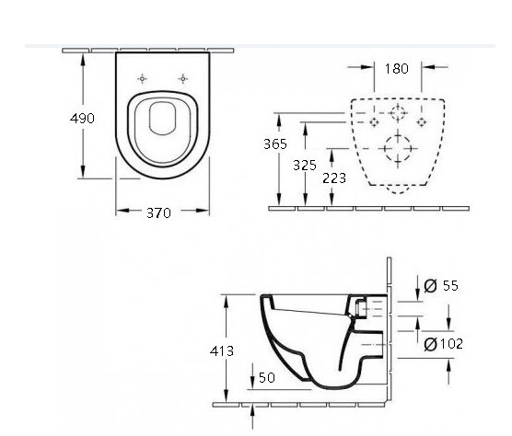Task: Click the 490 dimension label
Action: [x=82, y=119]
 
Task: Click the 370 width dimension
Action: [x=158, y=213]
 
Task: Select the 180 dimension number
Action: [x=396, y=69]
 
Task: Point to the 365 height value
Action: [x=275, y=143]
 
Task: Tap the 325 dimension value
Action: [x=305, y=166]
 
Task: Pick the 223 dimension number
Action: [x=334, y=178]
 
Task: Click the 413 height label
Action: [x=222, y=350]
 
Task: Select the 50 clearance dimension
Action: [x=267, y=378]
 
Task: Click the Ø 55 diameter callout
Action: [x=441, y=286]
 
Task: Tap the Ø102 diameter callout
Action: [x=443, y=344]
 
